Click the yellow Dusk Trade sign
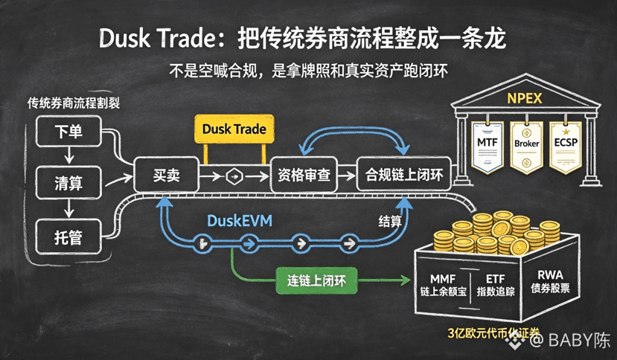coord(234,129)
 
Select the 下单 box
coord(68,131)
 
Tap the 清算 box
coord(68,182)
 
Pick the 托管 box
coord(68,237)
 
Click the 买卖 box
coord(167,175)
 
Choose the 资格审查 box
coord(304,175)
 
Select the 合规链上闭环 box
coord(403,175)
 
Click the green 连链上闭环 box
coord(316,280)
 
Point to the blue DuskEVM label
coord(240,221)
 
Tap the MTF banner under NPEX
coord(487,147)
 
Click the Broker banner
coord(526,147)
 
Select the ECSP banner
coord(566,147)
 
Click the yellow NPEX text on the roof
coord(525,98)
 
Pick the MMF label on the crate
coord(443,279)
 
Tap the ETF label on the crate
coord(495,279)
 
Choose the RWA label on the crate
coord(550,274)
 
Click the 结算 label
coord(390,221)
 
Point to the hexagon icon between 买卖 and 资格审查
coord(234,177)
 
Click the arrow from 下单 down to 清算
coord(69,155)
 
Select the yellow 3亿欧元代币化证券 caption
coord(493,333)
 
